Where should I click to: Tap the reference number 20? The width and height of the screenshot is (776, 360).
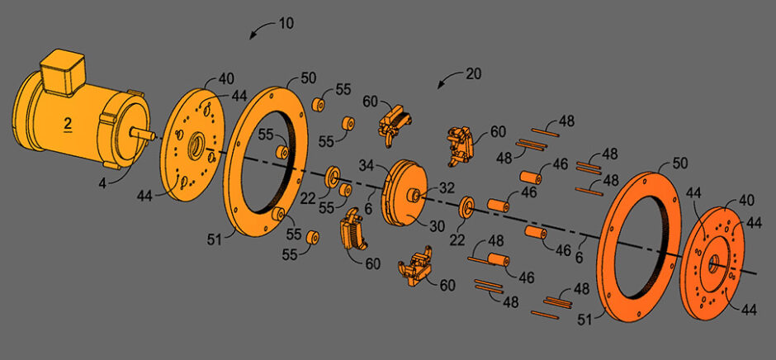(472, 73)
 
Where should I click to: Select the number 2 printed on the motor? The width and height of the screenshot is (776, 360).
(68, 124)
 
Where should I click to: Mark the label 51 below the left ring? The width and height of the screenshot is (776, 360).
(214, 239)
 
